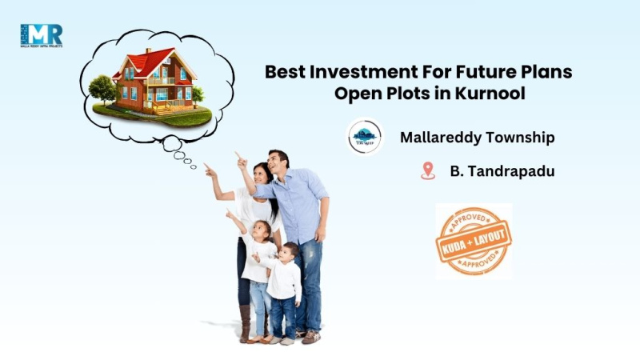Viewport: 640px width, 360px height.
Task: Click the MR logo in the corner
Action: click(x=41, y=36)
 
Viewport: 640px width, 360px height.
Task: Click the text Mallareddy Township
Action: click(x=477, y=138)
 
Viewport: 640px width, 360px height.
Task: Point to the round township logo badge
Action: click(x=365, y=137)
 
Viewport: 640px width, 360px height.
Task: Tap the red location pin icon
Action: click(x=428, y=170)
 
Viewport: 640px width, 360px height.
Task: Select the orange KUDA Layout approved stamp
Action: click(x=474, y=241)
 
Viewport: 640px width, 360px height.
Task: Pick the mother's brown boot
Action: click(x=245, y=323)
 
